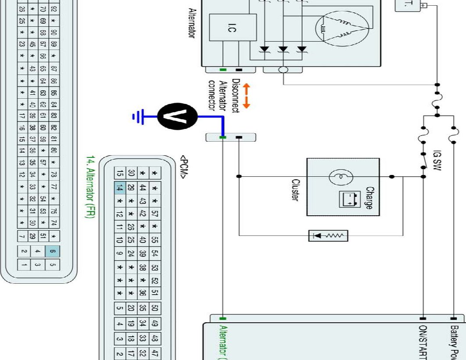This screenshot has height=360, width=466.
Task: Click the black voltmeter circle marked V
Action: pos(177,117)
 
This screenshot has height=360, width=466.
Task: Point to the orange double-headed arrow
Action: pos(246,96)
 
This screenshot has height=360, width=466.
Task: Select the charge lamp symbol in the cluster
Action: pos(338,177)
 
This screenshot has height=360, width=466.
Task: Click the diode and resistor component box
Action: pos(328,235)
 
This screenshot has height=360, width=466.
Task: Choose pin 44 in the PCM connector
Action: pos(143,187)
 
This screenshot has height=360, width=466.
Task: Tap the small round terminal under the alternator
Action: pos(283,69)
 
